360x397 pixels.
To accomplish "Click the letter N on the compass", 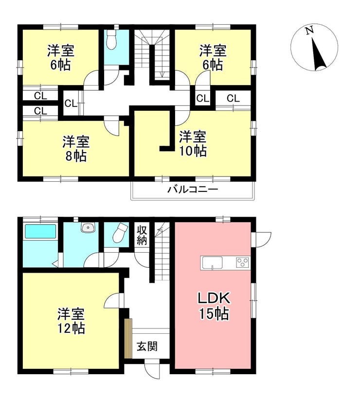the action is coord(309,31).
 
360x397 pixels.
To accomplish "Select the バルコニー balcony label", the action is coord(193,190).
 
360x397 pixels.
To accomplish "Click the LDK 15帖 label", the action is coord(214,306).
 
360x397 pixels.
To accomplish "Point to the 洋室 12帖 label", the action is coord(71,321).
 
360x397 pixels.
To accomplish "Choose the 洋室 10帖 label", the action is coord(193,144).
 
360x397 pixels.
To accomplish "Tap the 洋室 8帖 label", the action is coord(76,149).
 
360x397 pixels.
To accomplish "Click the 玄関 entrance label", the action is coord(147,346).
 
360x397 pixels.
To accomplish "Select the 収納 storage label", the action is coord(142,235).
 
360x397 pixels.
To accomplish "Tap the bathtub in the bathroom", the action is coord(40,232).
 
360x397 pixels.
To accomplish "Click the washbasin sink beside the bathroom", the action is coord(88,227).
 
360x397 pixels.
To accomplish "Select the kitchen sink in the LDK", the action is coord(212,263).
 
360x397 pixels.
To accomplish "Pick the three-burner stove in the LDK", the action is coord(243,262).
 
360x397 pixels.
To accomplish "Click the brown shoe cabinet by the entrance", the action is coord(128,339).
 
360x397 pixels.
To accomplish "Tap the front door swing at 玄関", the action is coord(153,370).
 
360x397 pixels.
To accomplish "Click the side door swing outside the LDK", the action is coord(262,239).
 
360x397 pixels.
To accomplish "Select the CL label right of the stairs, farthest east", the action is coord(233,98).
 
